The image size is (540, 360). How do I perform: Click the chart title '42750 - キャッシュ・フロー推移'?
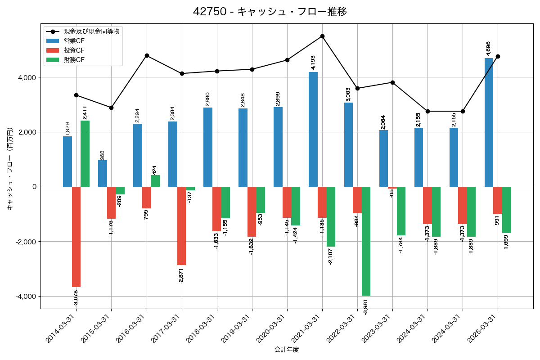click(x=270, y=12)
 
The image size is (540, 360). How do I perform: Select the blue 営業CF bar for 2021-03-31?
click(x=313, y=129)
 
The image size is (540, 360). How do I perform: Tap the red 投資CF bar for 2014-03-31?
click(x=76, y=237)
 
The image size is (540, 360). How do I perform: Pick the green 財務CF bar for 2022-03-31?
click(x=366, y=241)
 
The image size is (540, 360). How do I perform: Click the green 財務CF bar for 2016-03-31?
click(x=155, y=181)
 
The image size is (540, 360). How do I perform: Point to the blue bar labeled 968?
click(x=103, y=173)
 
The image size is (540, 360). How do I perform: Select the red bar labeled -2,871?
click(x=182, y=226)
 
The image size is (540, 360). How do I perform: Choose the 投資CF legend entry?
click(x=74, y=50)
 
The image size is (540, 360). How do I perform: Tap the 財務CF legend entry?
click(x=74, y=60)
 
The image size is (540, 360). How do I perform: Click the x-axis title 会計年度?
click(x=287, y=350)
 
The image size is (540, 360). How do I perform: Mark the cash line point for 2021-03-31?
click(x=322, y=36)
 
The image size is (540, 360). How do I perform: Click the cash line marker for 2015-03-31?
click(x=111, y=108)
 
